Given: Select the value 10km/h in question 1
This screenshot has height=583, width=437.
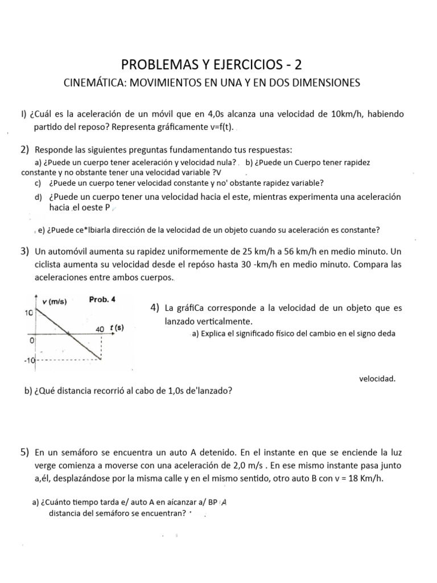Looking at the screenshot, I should click(x=349, y=114).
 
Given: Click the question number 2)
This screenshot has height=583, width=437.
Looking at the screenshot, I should click(x=25, y=150).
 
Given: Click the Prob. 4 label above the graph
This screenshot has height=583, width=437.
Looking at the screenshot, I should click(x=102, y=300).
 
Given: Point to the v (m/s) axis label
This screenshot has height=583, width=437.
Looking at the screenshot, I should click(x=55, y=302).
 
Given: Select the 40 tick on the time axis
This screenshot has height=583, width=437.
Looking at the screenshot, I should click(x=100, y=329).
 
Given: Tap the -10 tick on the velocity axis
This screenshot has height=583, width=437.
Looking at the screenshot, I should click(x=29, y=360).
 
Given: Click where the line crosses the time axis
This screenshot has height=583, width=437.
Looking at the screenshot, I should click(x=69, y=335).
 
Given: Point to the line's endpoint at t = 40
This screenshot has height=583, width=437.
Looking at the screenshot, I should click(x=101, y=360).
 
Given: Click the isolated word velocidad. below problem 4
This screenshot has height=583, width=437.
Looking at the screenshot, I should click(x=377, y=378).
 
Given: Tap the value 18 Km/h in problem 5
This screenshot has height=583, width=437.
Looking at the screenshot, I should click(x=365, y=478).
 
